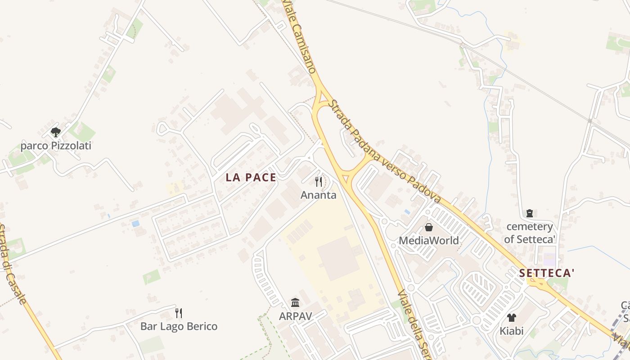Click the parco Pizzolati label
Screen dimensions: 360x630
pyautogui.click(x=56, y=146)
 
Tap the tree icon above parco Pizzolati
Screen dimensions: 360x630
pyautogui.click(x=56, y=132)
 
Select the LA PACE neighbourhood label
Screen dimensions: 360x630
pyautogui.click(x=251, y=177)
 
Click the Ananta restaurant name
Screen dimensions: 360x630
pyautogui.click(x=318, y=195)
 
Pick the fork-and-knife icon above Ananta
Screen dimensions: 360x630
pyautogui.click(x=319, y=182)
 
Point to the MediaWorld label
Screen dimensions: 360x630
pyautogui.click(x=429, y=241)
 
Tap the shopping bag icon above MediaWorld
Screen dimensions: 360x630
pyautogui.click(x=429, y=227)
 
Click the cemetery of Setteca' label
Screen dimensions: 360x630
pyautogui.click(x=530, y=233)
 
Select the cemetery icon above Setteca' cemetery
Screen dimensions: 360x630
pyautogui.click(x=530, y=213)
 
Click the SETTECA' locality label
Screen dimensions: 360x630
pyautogui.click(x=547, y=273)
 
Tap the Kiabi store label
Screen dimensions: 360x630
pyautogui.click(x=512, y=331)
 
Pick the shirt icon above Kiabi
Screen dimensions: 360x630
pyautogui.click(x=512, y=317)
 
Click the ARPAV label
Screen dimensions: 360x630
pyautogui.click(x=295, y=316)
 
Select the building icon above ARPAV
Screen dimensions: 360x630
pyautogui.click(x=295, y=302)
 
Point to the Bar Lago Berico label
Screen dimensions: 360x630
pyautogui.click(x=179, y=326)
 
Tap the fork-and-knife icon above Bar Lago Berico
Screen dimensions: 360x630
pyautogui.click(x=179, y=313)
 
